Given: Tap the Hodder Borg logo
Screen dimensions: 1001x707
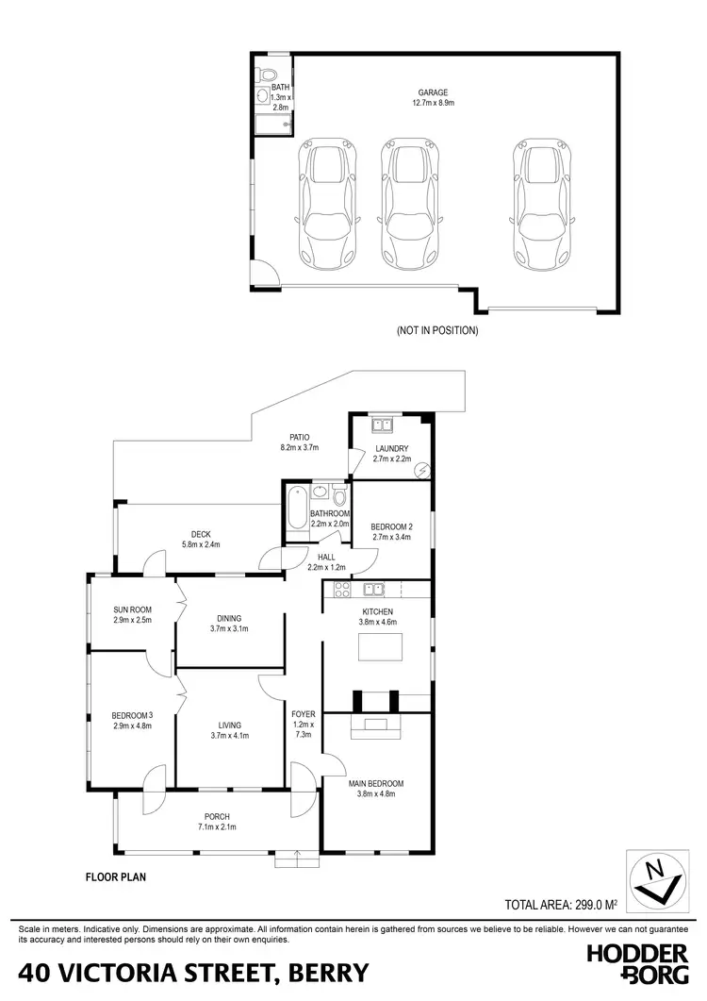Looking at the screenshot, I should (637, 964).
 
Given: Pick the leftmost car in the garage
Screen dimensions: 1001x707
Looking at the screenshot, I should (327, 204).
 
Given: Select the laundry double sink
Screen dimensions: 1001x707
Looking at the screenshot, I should (382, 422).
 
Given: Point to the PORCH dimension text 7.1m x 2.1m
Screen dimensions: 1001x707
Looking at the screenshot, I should (216, 827).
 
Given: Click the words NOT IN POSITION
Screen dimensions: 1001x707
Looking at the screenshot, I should (437, 331).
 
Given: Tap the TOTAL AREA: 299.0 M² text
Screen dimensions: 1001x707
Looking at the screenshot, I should (561, 904).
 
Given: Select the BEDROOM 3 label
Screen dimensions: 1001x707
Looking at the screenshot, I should (132, 715).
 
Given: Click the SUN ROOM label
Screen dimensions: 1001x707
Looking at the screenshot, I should (132, 609).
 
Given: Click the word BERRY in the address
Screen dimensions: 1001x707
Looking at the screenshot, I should (323, 973).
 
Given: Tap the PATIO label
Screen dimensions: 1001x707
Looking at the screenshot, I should (300, 437).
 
